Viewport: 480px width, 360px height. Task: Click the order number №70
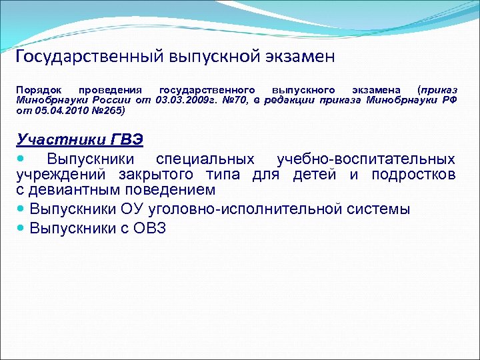pyautogui.click(x=229, y=99)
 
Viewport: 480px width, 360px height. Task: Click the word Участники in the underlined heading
pyautogui.click(x=57, y=139)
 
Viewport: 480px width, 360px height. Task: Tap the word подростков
pyautogui.click(x=413, y=175)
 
